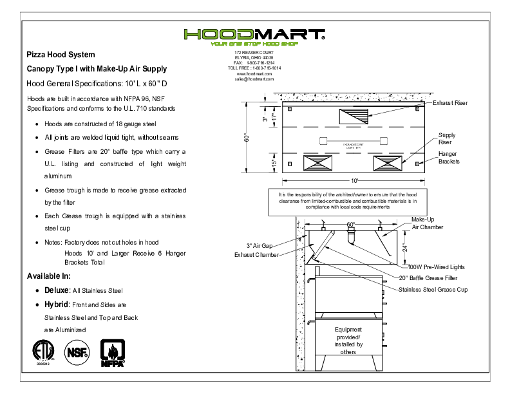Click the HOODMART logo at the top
coord(254,35)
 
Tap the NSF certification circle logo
coord(77,352)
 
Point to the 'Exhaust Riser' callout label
coord(450,103)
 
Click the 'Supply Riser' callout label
coord(448,138)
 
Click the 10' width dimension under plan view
coord(354,181)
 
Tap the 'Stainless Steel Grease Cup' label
coord(433,290)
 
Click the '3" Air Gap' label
coord(263,245)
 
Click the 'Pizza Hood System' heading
coord(61,55)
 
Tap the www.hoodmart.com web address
coord(254,74)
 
